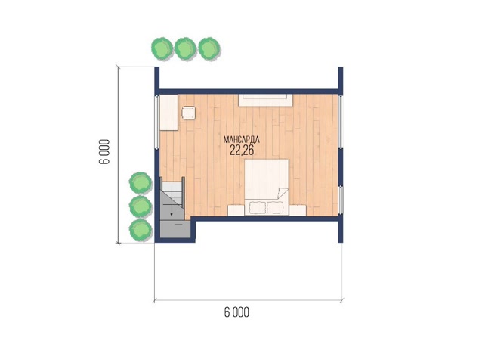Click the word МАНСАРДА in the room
(241, 140)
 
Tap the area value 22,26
(242, 151)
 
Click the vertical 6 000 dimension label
(104, 152)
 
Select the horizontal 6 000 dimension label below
(236, 312)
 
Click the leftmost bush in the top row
(162, 48)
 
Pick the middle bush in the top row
(185, 48)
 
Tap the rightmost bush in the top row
(209, 48)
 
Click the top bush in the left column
(141, 182)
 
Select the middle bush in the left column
(141, 206)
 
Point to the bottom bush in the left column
(141, 229)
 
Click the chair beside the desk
(188, 113)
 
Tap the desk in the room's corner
(168, 112)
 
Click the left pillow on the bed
(257, 208)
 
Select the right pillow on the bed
(275, 208)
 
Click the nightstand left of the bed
(236, 210)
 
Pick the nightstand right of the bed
(298, 210)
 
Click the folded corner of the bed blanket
(283, 193)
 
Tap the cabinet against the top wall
(265, 101)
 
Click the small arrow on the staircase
(172, 214)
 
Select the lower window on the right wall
(341, 200)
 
